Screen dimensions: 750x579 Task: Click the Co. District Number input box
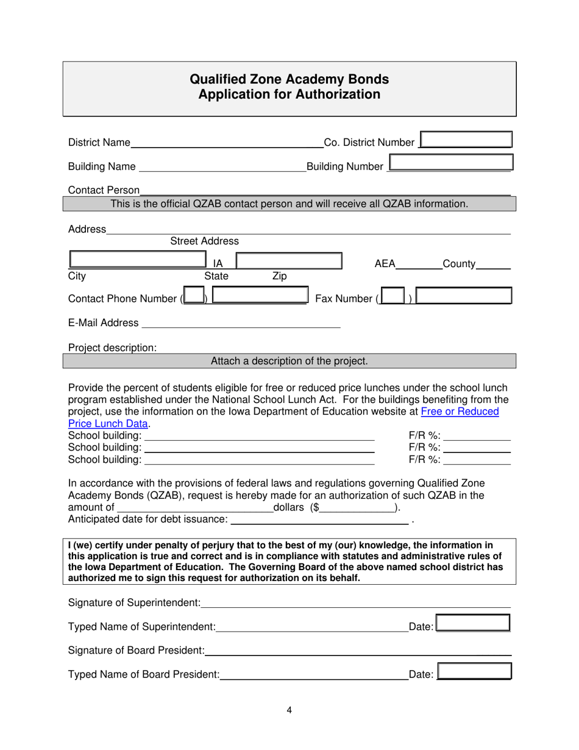tap(466, 140)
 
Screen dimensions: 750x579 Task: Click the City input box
tap(138, 260)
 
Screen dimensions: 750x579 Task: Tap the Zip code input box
tap(288, 261)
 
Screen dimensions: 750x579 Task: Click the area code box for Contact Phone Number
tap(194, 296)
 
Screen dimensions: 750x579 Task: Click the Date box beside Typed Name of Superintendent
tap(474, 623)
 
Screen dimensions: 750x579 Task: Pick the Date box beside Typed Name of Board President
tap(474, 671)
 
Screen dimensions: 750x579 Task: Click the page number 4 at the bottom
tap(289, 710)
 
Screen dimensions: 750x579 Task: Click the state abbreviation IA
tap(218, 264)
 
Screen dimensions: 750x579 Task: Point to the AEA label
tap(385, 264)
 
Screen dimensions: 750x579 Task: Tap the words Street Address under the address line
tap(204, 241)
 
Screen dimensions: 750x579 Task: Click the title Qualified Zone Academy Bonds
tap(289, 79)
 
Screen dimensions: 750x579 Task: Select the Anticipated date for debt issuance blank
tap(319, 519)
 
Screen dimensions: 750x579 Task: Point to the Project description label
tap(112, 348)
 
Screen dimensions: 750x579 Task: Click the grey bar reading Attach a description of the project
tap(289, 361)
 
